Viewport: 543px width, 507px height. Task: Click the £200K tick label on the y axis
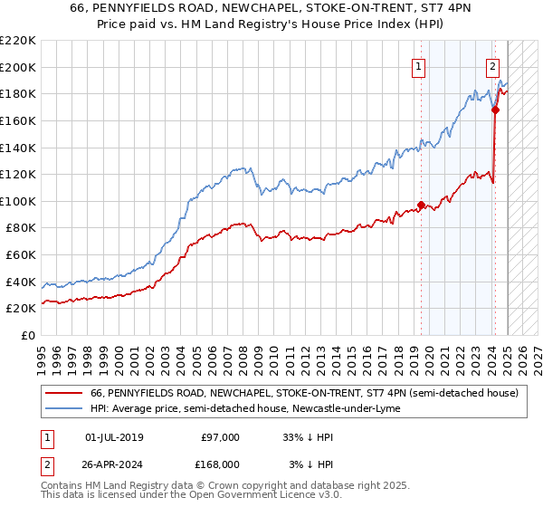pyautogui.click(x=18, y=67)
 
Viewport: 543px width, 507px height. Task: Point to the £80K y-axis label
pyautogui.click(x=21, y=228)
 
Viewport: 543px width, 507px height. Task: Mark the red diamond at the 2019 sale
pyautogui.click(x=422, y=205)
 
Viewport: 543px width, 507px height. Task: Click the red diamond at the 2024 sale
pyautogui.click(x=496, y=110)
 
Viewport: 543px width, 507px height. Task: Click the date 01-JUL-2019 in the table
pyautogui.click(x=114, y=437)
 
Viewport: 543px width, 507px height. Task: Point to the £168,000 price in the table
pyautogui.click(x=221, y=464)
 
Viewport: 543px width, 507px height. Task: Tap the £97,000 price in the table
pyautogui.click(x=221, y=437)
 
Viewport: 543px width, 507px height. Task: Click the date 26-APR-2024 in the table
pyautogui.click(x=114, y=464)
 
